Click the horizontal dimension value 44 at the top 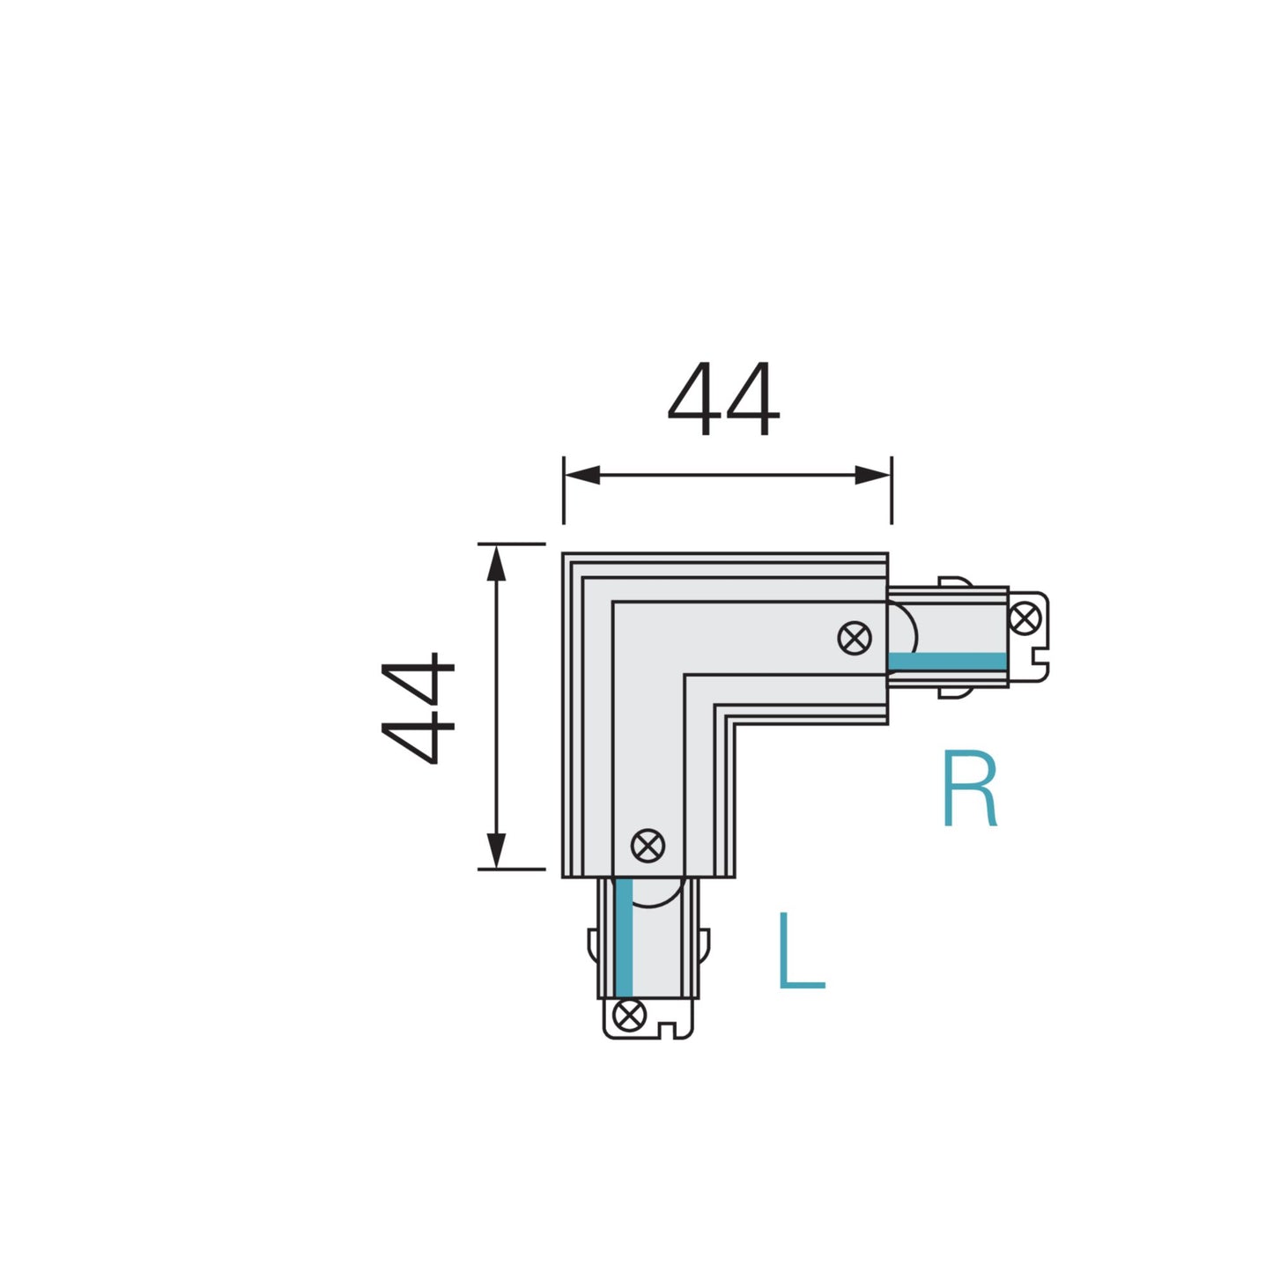tap(723, 400)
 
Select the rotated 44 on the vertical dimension tap(418, 707)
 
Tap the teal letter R tap(969, 789)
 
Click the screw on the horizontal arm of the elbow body tap(854, 638)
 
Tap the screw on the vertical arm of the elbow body tap(648, 846)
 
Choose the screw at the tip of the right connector tap(1025, 618)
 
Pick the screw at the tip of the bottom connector tap(628, 1016)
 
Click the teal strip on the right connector tap(947, 662)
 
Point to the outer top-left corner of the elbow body tap(564, 555)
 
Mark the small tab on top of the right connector tap(954, 582)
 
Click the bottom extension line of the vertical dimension tap(512, 869)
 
